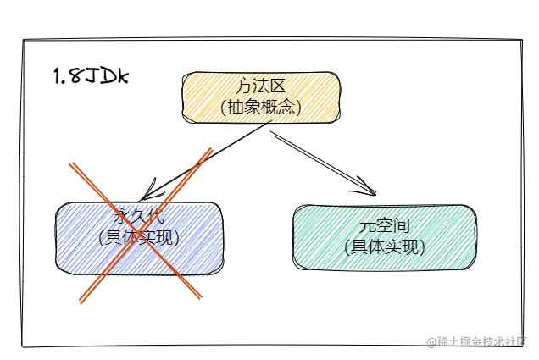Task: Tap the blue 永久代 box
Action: (140, 238)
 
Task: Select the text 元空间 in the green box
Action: (383, 226)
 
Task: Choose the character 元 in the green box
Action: (366, 226)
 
